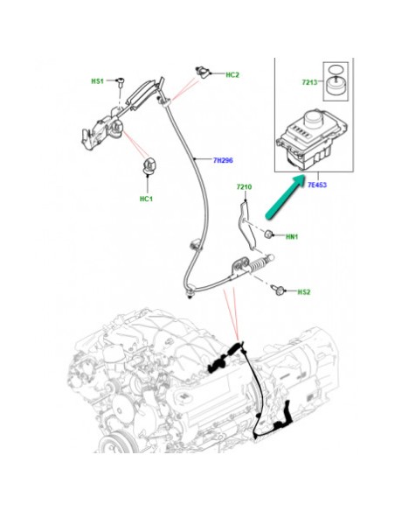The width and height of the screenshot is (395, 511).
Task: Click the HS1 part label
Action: click(98, 80)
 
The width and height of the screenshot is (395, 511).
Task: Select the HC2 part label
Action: click(232, 75)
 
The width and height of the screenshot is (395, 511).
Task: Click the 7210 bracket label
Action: click(244, 187)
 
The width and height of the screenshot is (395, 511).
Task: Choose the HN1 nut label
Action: click(293, 235)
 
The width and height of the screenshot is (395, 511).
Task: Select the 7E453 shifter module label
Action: click(318, 185)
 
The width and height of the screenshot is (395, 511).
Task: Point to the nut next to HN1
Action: click(271, 234)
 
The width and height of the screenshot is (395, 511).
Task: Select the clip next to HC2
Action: click(204, 71)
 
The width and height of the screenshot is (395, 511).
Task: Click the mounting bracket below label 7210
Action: click(246, 223)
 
